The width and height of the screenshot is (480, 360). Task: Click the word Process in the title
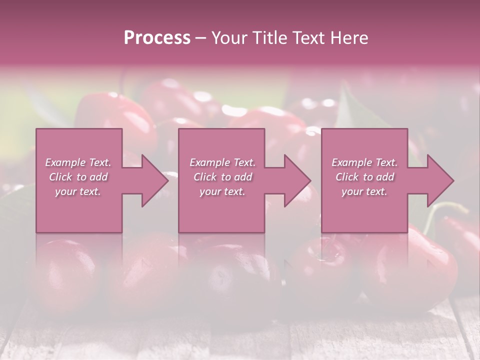[x=157, y=38]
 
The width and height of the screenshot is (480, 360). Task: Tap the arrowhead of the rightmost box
[x=440, y=181]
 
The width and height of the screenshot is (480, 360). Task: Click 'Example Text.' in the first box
[x=78, y=162]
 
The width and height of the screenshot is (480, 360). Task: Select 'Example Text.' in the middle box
[x=222, y=162]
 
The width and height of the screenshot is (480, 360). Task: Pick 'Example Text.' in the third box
[x=364, y=162]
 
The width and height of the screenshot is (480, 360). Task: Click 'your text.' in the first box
[x=78, y=191]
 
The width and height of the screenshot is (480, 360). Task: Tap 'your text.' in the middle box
[x=222, y=191]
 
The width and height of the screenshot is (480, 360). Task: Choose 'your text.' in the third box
[x=364, y=191]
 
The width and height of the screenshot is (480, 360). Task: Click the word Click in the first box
[x=60, y=177]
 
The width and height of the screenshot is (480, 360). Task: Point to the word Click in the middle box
[x=205, y=177]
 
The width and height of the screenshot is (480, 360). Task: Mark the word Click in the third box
[x=347, y=177]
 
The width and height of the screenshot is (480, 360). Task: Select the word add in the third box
[x=385, y=177]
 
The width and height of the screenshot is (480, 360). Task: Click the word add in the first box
[x=98, y=177]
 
